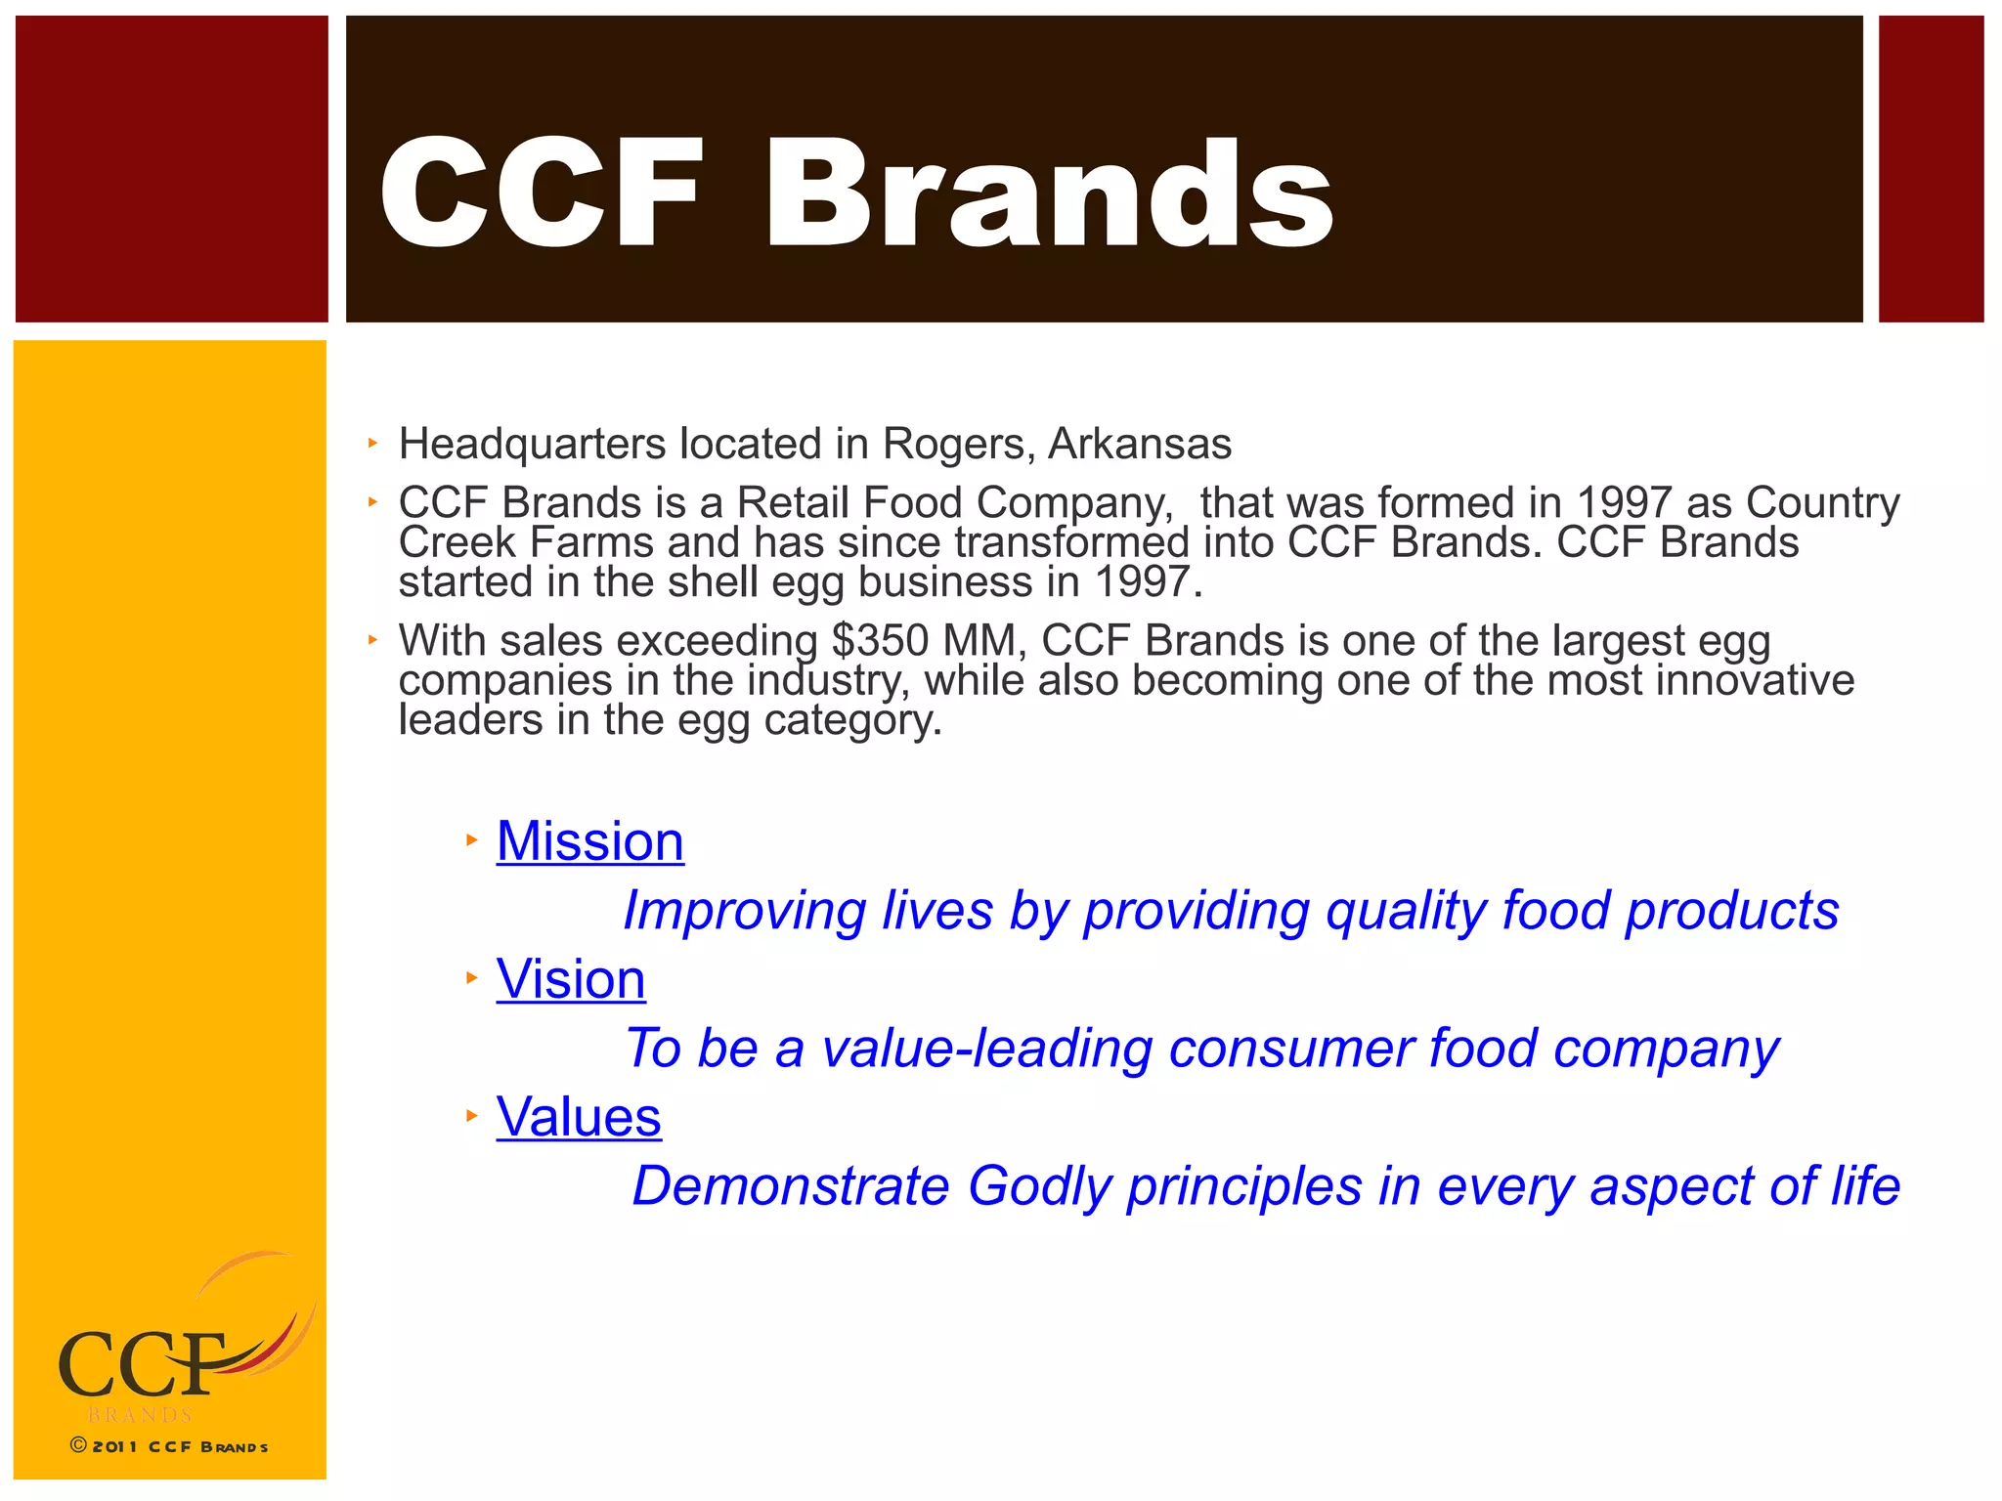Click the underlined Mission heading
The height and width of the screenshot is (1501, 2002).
[589, 841]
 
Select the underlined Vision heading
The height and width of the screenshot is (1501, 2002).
[571, 979]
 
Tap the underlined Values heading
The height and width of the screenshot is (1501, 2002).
[579, 1117]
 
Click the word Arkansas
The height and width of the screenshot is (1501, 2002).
[1140, 445]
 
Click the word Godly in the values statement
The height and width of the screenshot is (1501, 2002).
[1039, 1186]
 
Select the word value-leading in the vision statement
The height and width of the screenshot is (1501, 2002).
[987, 1049]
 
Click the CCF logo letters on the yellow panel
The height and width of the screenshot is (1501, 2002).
[142, 1364]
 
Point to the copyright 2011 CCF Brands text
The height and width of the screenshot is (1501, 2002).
[169, 1446]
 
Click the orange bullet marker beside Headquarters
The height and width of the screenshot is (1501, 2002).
[372, 444]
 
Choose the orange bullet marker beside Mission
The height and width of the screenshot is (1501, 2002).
[471, 839]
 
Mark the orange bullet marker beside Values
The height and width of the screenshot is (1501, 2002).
[471, 1115]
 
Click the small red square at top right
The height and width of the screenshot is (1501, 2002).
[1931, 169]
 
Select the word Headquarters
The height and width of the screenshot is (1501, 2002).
[532, 445]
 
